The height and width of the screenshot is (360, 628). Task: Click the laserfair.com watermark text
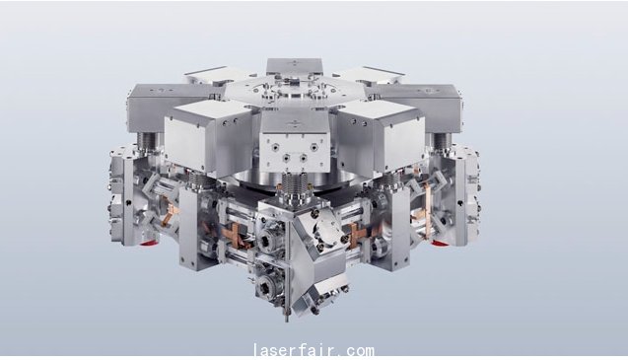(x=314, y=350)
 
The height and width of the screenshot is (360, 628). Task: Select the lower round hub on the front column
(x=265, y=287)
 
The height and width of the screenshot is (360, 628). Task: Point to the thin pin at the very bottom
(x=287, y=315)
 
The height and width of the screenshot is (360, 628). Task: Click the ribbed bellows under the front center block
(x=295, y=184)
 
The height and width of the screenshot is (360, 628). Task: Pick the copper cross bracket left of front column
(x=231, y=236)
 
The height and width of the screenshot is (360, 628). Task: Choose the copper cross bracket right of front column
(x=359, y=236)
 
